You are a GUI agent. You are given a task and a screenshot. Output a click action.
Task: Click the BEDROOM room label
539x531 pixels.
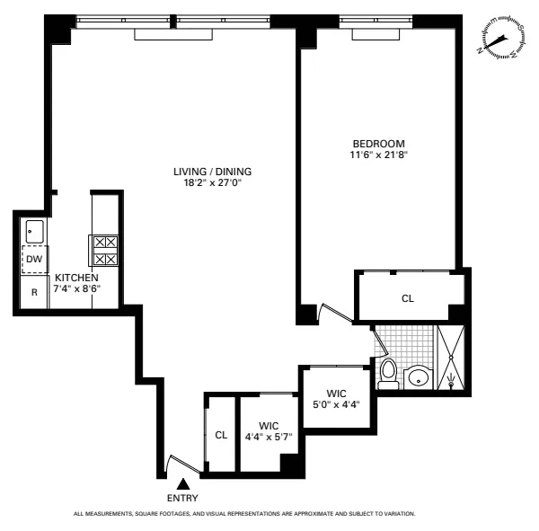(x=378, y=144)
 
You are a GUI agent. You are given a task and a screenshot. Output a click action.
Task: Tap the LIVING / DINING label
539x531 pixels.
(x=213, y=172)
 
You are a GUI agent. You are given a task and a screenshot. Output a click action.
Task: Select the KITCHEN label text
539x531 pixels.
(x=76, y=278)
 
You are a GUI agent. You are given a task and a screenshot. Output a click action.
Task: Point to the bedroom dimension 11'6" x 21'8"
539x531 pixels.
(x=378, y=155)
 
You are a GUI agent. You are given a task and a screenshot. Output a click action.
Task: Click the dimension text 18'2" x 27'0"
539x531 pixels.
(x=213, y=182)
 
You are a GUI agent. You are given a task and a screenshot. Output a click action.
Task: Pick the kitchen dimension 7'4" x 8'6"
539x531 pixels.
(x=76, y=289)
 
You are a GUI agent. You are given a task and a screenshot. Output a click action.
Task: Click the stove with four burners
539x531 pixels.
(x=104, y=250)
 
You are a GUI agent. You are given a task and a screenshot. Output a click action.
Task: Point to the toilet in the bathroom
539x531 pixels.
(x=388, y=373)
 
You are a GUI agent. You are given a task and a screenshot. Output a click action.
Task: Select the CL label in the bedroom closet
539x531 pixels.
(x=408, y=298)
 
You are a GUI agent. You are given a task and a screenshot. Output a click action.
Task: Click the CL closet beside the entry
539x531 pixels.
(x=221, y=436)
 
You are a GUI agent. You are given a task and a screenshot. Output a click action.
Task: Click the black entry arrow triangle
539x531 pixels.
(x=182, y=484)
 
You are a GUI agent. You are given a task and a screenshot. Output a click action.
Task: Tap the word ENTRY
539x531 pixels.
(x=182, y=498)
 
